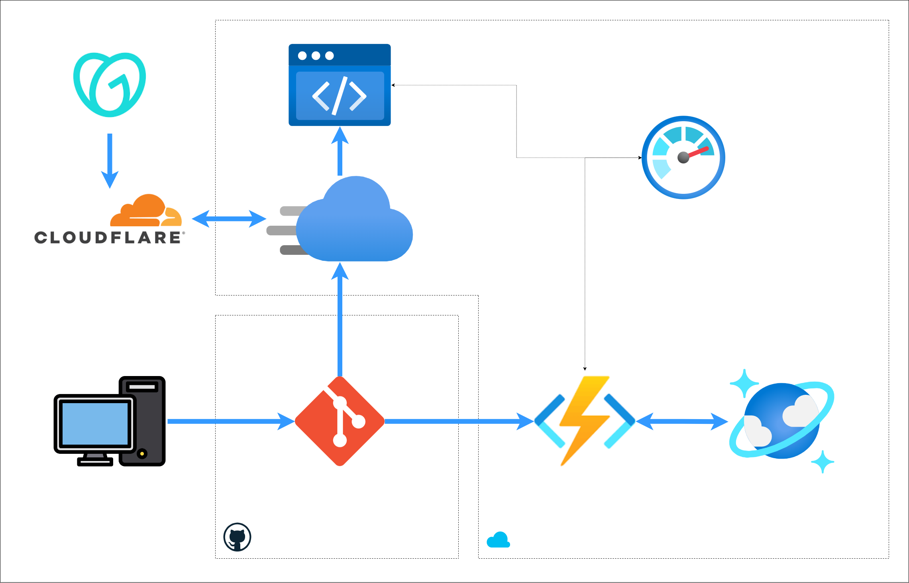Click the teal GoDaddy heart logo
(110, 85)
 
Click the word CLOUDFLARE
(108, 238)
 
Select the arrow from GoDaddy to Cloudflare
(110, 160)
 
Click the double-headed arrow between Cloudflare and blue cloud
(229, 219)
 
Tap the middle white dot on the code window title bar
(316, 56)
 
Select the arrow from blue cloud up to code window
(340, 152)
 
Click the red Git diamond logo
(340, 421)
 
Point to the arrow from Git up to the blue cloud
(340, 319)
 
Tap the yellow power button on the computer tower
(142, 454)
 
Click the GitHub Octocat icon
(237, 537)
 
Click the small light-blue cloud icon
(498, 540)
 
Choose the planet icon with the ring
(781, 421)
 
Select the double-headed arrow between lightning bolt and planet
(682, 421)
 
